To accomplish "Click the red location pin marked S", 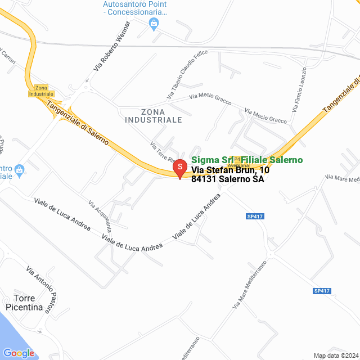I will tap(179, 168).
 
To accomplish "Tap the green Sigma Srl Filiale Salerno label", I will tap(247, 160).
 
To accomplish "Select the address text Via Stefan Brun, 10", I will tap(230, 170).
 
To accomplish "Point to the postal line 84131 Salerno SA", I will tap(227, 179).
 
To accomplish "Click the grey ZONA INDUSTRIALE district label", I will tap(154, 115).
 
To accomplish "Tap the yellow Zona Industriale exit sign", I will tap(41, 91).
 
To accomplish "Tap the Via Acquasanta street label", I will tap(100, 216).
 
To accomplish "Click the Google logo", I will tap(19, 353).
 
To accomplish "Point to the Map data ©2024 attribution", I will tap(335, 355).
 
